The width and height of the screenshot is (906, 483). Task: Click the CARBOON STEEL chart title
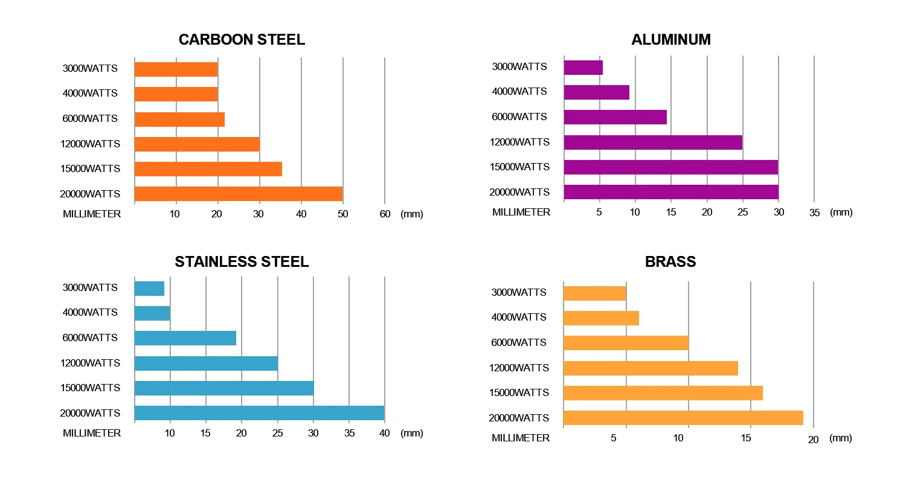(x=242, y=40)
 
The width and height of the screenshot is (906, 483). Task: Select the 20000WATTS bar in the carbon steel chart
(x=239, y=194)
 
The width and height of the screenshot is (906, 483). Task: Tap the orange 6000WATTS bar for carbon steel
(x=179, y=119)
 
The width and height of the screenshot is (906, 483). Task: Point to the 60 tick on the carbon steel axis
(x=385, y=214)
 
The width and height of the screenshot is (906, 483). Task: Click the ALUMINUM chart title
(x=670, y=40)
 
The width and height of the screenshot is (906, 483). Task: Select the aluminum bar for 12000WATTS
(x=653, y=142)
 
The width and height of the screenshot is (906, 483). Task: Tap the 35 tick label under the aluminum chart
(x=814, y=213)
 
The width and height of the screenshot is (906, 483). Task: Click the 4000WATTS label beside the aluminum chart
(x=519, y=92)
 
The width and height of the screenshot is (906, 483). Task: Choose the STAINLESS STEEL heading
(x=242, y=261)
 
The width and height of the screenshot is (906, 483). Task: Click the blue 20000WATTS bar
(x=259, y=413)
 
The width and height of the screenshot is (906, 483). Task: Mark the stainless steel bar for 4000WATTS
(x=152, y=313)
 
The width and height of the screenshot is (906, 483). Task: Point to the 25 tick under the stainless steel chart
(x=277, y=433)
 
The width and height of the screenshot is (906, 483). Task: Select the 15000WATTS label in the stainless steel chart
(x=90, y=388)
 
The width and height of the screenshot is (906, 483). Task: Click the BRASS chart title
(x=670, y=261)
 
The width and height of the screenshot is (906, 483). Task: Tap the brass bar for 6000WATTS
(x=626, y=343)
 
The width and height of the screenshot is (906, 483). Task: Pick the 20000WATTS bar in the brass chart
(x=683, y=418)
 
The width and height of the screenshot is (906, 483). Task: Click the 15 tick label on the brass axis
(x=747, y=438)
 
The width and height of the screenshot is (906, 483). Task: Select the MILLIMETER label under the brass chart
(x=521, y=438)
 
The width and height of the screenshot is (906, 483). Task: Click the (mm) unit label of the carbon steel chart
(x=411, y=214)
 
